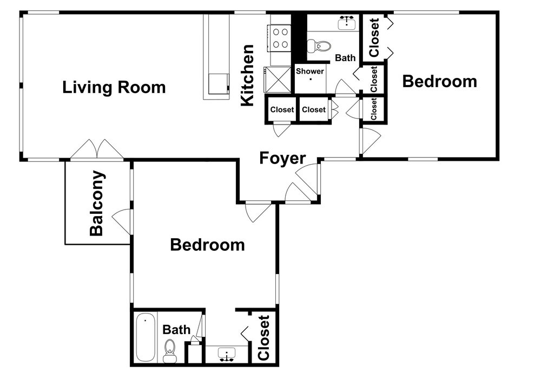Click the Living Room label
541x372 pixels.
click(x=114, y=87)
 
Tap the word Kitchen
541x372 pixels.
click(x=247, y=75)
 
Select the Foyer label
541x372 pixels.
click(x=282, y=158)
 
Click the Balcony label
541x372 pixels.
click(x=97, y=203)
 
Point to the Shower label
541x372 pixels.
click(x=310, y=71)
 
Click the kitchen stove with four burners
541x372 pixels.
click(x=278, y=38)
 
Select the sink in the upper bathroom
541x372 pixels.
click(x=347, y=23)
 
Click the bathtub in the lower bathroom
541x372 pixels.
click(x=145, y=337)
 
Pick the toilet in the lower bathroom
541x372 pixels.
click(x=169, y=350)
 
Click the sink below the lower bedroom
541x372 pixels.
click(x=227, y=354)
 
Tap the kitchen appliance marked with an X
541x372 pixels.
click(x=278, y=80)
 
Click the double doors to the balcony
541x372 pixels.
click(x=97, y=149)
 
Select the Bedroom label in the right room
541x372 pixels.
click(x=439, y=82)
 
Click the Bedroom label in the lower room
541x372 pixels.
click(x=207, y=245)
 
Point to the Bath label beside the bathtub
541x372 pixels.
click(x=176, y=330)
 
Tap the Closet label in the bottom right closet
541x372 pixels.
click(x=263, y=338)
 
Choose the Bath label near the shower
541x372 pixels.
click(x=345, y=58)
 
